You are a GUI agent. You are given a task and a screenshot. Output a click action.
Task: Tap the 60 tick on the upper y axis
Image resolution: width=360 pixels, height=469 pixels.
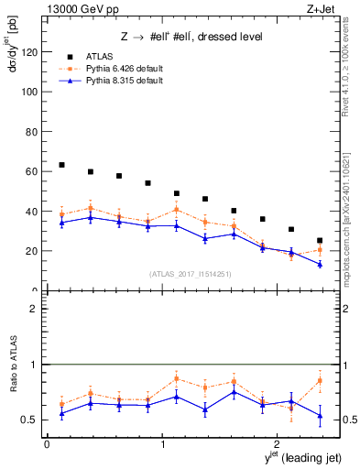point(34,171)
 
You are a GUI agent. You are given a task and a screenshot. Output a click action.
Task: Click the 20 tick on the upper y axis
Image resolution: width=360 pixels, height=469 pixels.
point(34,251)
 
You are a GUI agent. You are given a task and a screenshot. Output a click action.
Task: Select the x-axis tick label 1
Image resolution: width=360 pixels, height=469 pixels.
point(162,443)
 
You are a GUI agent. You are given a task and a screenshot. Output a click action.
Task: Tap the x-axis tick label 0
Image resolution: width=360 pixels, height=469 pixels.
point(47,443)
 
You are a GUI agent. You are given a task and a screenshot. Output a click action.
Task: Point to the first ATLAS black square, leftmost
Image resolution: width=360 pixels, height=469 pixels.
point(61,165)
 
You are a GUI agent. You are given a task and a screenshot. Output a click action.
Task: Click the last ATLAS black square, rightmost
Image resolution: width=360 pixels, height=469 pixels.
point(320,241)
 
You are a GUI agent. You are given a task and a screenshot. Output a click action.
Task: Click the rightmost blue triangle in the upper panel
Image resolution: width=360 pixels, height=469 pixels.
point(320,264)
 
